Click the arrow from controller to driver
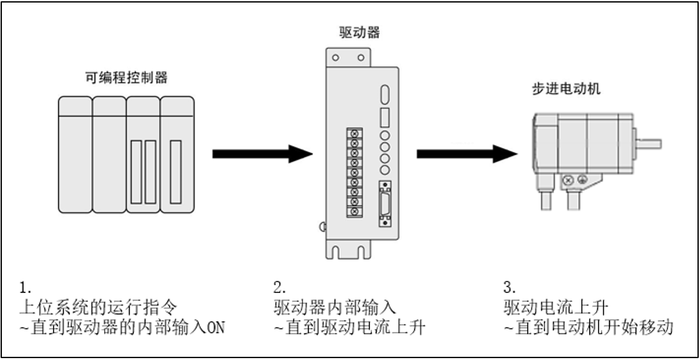[262, 153]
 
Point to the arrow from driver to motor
[466, 153]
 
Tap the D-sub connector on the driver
[384, 205]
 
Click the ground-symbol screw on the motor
[581, 181]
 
